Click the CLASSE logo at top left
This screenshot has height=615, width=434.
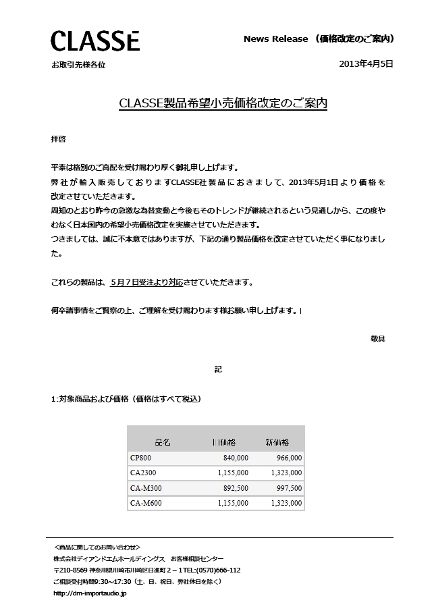pyautogui.click(x=95, y=41)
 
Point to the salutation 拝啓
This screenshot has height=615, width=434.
pyautogui.click(x=59, y=139)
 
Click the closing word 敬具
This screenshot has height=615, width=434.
pyautogui.click(x=378, y=338)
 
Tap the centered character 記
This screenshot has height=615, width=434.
pyautogui.click(x=218, y=369)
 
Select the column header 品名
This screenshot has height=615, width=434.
pyautogui.click(x=163, y=442)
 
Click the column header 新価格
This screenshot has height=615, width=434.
pyautogui.click(x=277, y=442)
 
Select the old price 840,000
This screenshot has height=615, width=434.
pyautogui.click(x=236, y=458)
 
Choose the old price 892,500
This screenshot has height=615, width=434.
pyautogui.click(x=236, y=488)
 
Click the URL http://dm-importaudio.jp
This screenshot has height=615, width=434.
pyautogui.click(x=90, y=593)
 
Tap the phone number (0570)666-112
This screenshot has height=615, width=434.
pyautogui.click(x=215, y=570)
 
